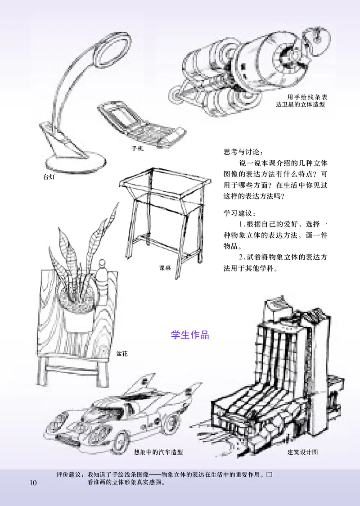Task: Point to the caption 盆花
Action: (122, 354)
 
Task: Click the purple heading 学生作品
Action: (190, 335)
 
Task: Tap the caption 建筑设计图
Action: (303, 452)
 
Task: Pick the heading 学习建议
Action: (238, 212)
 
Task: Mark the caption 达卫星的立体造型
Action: (300, 104)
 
